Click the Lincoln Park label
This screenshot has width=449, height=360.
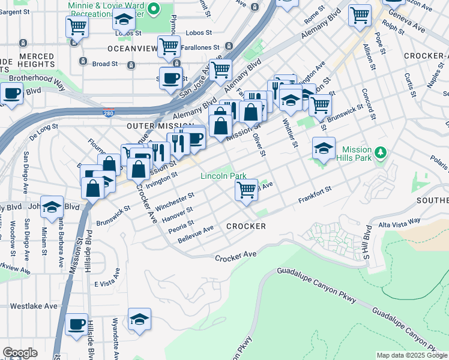click(x=223, y=176)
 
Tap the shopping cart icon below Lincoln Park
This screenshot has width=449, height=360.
click(x=246, y=190)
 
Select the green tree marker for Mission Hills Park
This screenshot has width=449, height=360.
click(x=379, y=153)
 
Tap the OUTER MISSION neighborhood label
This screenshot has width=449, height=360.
click(x=152, y=126)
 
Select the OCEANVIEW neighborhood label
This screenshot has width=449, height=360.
click(x=132, y=47)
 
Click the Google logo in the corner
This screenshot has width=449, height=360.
click(x=20, y=353)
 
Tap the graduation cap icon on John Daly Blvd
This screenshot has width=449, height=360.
click(x=52, y=206)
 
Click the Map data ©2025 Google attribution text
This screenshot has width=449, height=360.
click(x=412, y=355)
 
